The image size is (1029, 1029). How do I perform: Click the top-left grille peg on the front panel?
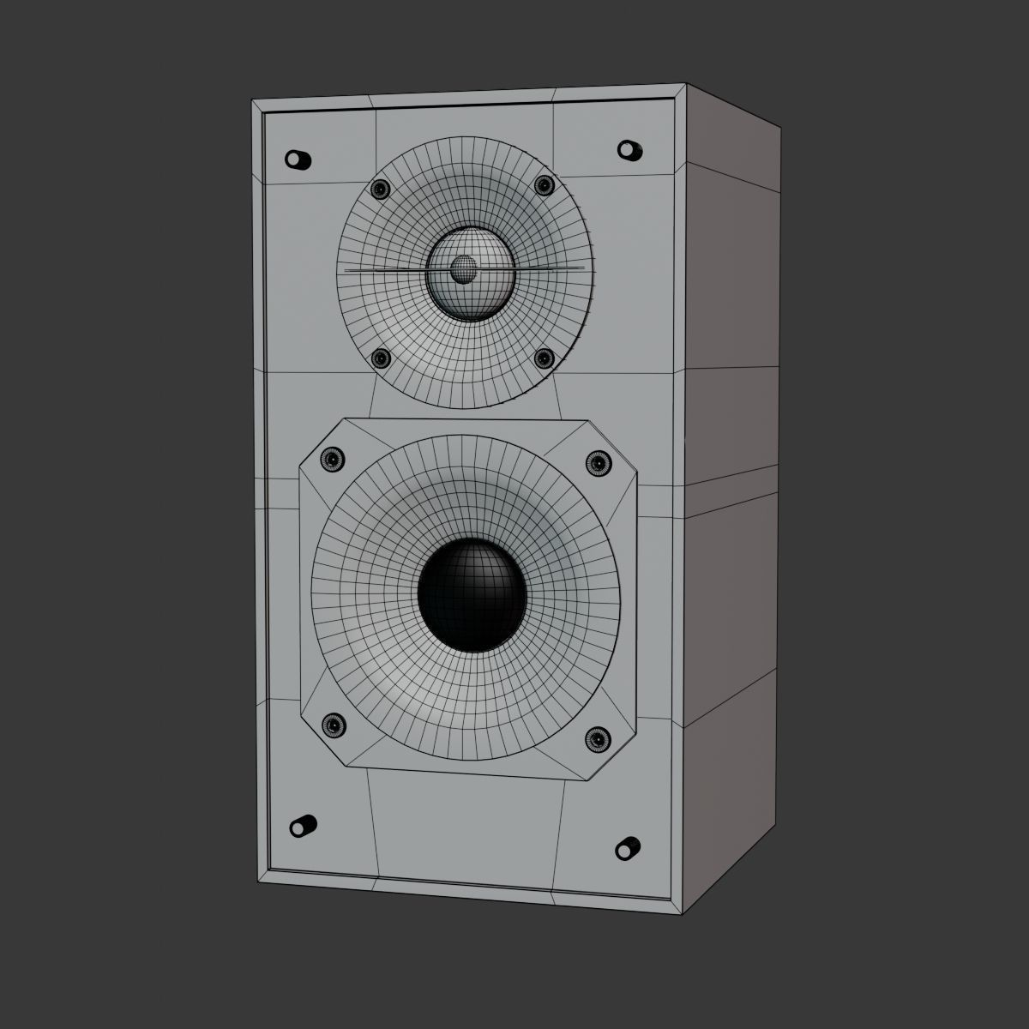pyautogui.click(x=297, y=160)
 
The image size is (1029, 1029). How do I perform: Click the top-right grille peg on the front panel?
pyautogui.click(x=629, y=149)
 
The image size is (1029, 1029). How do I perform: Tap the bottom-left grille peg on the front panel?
pyautogui.click(x=301, y=826)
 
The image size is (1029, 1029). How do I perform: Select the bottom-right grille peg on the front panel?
pyautogui.click(x=629, y=847)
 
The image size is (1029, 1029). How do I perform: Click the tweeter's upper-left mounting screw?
pyautogui.click(x=379, y=188)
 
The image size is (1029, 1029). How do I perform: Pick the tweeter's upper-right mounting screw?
pyautogui.click(x=543, y=185)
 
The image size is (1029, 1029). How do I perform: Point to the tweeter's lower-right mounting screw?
pyautogui.click(x=544, y=358)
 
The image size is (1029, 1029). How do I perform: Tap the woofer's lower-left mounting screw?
pyautogui.click(x=333, y=725)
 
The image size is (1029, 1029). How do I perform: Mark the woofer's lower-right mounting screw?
pyautogui.click(x=597, y=737)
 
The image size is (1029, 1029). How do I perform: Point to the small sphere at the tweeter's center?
pyautogui.click(x=463, y=268)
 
